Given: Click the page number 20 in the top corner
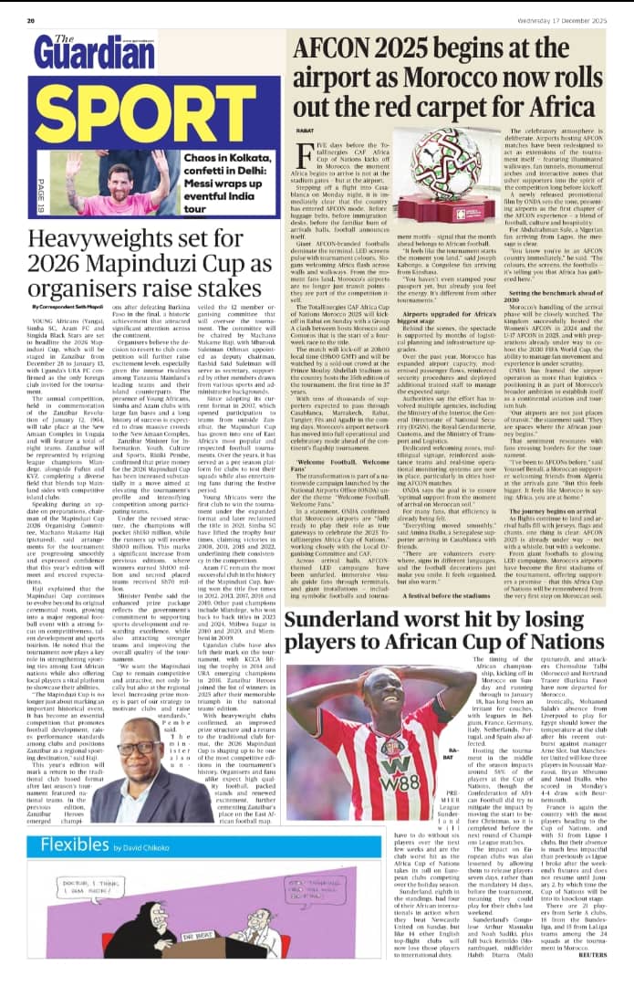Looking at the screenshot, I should tap(31, 19).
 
